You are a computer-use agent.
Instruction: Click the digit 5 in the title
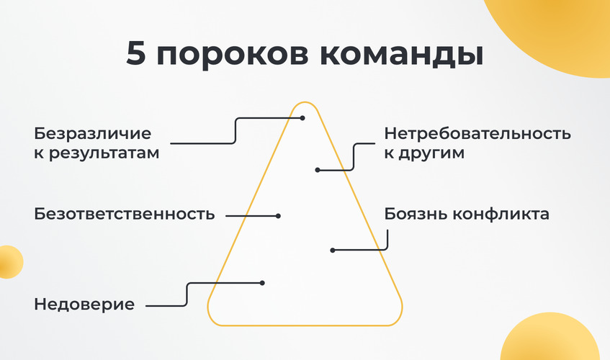point(136,55)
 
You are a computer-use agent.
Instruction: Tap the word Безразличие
point(93,135)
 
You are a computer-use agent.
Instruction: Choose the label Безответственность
point(125,215)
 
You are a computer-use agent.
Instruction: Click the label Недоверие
point(84,305)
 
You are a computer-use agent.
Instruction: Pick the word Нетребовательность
point(477,134)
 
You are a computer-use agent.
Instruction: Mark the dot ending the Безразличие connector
point(302,118)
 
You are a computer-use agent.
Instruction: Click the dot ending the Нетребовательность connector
point(318,170)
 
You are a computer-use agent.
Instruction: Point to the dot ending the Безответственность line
point(278,215)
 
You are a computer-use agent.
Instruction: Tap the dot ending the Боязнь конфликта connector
point(333,251)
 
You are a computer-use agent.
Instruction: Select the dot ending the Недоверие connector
point(262,283)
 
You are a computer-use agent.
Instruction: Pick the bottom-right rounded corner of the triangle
point(395,318)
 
